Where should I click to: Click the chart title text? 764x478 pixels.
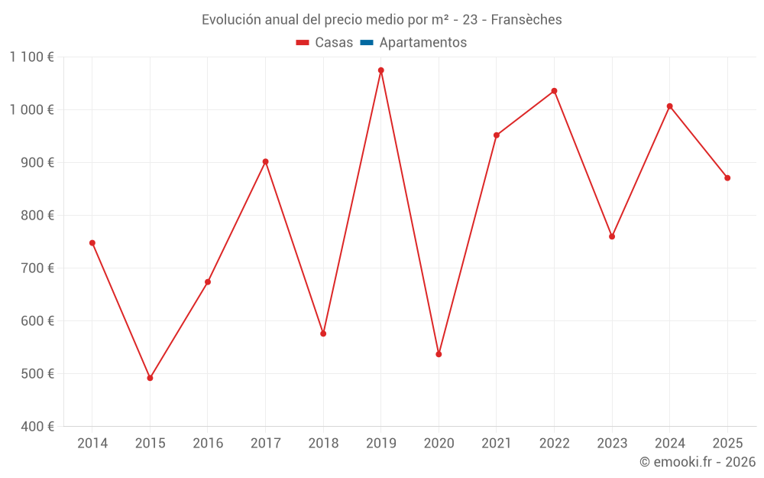click(x=381, y=19)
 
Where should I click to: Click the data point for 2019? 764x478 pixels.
click(x=381, y=70)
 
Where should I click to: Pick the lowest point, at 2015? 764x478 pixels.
click(x=150, y=378)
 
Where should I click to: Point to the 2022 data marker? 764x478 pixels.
click(x=554, y=91)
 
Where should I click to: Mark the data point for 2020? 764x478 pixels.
click(x=439, y=354)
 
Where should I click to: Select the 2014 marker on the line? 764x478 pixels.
click(x=92, y=243)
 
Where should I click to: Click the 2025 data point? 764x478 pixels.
click(x=727, y=178)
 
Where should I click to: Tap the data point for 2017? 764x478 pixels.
click(x=265, y=162)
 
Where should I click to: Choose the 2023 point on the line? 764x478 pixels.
click(x=612, y=236)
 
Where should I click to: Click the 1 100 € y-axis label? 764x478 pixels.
click(x=32, y=57)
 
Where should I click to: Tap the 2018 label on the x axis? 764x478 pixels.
click(x=323, y=444)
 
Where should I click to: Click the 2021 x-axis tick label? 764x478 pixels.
click(x=497, y=444)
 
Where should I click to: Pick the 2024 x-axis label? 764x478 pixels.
click(x=669, y=444)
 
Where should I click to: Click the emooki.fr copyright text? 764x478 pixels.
click(x=697, y=462)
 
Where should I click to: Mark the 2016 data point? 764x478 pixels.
click(x=208, y=282)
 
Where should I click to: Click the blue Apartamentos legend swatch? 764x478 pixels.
click(x=367, y=43)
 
